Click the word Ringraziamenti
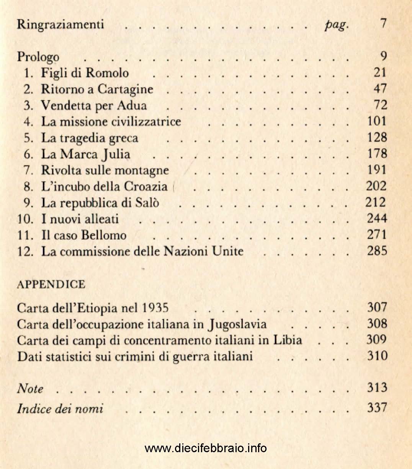(x=60, y=24)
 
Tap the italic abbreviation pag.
(x=336, y=25)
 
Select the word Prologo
(x=38, y=57)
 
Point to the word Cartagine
(x=125, y=89)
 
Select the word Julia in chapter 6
(x=116, y=154)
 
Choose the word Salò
(x=147, y=202)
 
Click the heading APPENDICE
(x=51, y=285)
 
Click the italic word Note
(x=30, y=389)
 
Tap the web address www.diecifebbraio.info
(x=206, y=448)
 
